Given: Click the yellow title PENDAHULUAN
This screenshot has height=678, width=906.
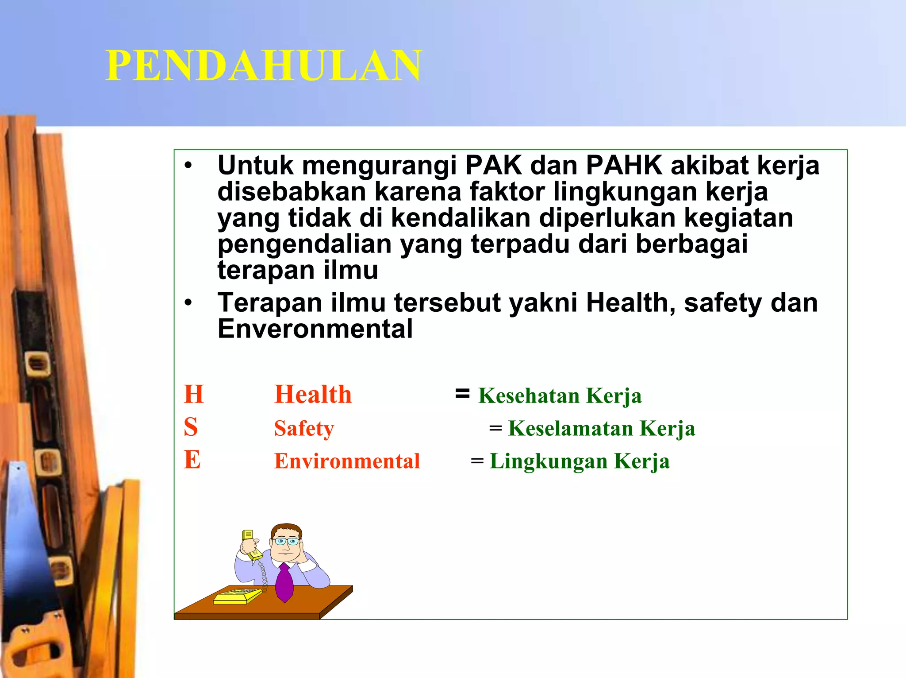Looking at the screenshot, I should click(x=264, y=66).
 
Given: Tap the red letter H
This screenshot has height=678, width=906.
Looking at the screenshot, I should click(x=194, y=394).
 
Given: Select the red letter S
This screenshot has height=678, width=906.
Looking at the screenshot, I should click(x=191, y=427).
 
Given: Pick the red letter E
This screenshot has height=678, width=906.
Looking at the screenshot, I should click(x=192, y=460).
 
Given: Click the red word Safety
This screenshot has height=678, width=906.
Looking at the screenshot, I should click(x=304, y=428).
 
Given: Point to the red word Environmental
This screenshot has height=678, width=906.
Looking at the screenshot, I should click(x=347, y=461).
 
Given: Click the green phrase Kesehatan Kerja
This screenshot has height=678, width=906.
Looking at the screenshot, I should click(x=560, y=395).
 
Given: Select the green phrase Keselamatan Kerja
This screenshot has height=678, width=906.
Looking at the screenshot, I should click(x=601, y=428).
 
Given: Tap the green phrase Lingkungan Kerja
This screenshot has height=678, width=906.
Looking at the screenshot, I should click(x=580, y=461).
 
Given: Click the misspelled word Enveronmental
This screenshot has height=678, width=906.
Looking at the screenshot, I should click(x=315, y=329).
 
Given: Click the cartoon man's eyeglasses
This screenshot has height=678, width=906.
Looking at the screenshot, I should click(x=286, y=541).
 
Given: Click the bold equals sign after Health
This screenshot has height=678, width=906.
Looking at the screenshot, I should click(x=462, y=393).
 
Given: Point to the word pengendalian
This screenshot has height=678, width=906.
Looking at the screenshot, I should click(x=304, y=245).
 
